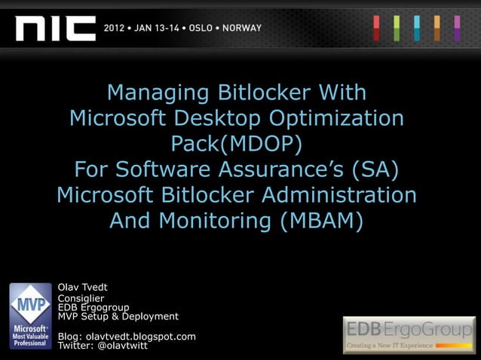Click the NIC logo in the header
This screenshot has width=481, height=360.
click(56, 28)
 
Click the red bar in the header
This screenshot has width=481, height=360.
click(377, 28)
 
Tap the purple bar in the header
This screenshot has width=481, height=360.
click(457, 28)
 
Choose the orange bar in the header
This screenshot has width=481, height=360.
click(437, 28)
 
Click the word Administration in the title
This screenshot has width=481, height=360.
click(339, 195)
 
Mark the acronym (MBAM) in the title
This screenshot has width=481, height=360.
click(314, 221)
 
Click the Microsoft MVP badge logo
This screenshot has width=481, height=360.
click(30, 316)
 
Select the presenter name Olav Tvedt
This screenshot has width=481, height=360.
click(84, 286)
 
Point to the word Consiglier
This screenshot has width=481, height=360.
click(81, 298)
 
